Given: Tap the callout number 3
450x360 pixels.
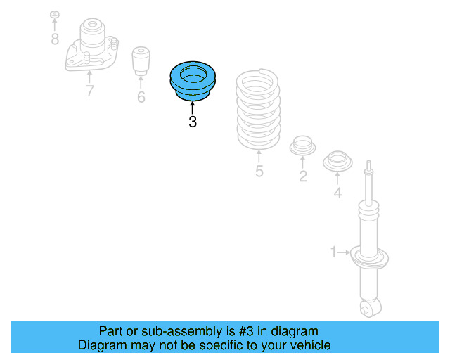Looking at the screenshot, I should tap(193, 122).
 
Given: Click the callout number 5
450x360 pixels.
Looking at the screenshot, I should tap(259, 171).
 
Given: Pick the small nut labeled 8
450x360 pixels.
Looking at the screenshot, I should tap(55, 15).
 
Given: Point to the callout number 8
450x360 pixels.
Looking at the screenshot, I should tap(55, 39).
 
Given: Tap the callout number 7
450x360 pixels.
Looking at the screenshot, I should tap(89, 91).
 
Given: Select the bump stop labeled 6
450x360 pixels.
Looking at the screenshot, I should tap(142, 62).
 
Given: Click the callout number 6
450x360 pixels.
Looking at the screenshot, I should tap(141, 98).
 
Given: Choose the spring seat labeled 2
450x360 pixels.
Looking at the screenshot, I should tap(302, 146).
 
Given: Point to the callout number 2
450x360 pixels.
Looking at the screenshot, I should tap(302, 176).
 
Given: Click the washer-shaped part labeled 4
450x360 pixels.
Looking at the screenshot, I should tap(337, 162).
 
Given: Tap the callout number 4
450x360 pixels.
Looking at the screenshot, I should tap(337, 193).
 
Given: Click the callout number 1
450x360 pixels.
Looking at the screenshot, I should tap(335, 251).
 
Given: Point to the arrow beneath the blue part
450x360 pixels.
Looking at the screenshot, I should tap(193, 107).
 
